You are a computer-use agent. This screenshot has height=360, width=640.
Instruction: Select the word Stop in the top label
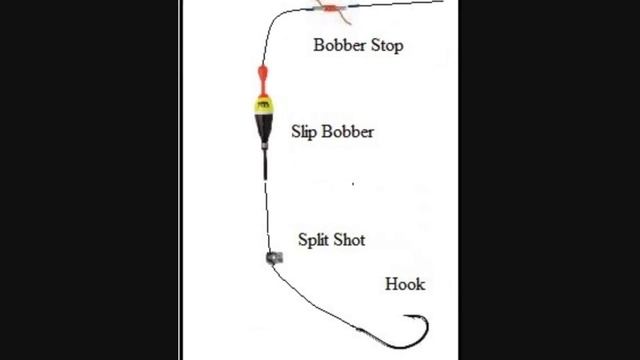(x=385, y=44)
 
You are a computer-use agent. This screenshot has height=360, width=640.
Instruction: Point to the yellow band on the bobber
(x=263, y=103)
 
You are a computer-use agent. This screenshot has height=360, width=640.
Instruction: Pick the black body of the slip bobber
(x=263, y=127)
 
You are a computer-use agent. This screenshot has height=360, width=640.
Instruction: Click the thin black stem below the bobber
(x=265, y=160)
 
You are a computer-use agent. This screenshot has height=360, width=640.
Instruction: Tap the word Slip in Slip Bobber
(x=306, y=131)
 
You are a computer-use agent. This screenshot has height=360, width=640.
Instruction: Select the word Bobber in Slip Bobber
(x=349, y=131)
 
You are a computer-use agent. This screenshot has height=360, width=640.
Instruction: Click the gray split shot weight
(x=273, y=258)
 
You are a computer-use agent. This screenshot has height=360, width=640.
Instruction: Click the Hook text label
(x=404, y=284)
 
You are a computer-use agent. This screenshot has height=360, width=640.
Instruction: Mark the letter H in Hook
(x=391, y=284)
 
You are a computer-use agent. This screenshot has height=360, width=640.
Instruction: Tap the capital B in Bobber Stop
(x=319, y=44)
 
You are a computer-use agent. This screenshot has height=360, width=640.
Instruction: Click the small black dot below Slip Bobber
(x=352, y=184)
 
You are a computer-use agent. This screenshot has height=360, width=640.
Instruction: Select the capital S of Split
(x=302, y=240)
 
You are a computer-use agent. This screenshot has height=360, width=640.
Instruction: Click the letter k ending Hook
(x=420, y=284)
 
